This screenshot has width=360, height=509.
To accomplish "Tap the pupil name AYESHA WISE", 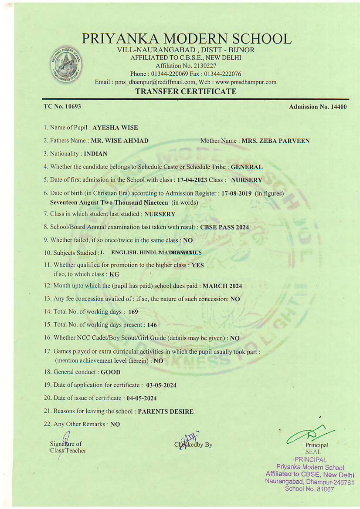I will tap(115, 128).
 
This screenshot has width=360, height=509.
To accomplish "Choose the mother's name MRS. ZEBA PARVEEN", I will tap(275, 141).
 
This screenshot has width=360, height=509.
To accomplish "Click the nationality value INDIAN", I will tap(95, 154).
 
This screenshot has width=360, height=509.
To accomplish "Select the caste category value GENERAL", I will tap(247, 167).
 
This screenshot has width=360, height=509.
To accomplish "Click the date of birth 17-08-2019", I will tap(237, 193).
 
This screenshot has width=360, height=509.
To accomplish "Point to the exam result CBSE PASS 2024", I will tap(224, 227).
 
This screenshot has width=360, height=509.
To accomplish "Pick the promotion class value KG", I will tap(114, 274).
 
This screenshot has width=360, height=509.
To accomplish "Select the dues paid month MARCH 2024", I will tap(222, 286).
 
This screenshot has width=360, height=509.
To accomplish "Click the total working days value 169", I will tap(133, 312).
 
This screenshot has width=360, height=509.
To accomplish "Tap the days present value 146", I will tap(152, 325).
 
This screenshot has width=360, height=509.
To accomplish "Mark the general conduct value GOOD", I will tap(111, 372).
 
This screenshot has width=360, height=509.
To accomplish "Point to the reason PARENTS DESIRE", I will tap(166, 411).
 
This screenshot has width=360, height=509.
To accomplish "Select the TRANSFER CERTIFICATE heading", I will tap(186, 91).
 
